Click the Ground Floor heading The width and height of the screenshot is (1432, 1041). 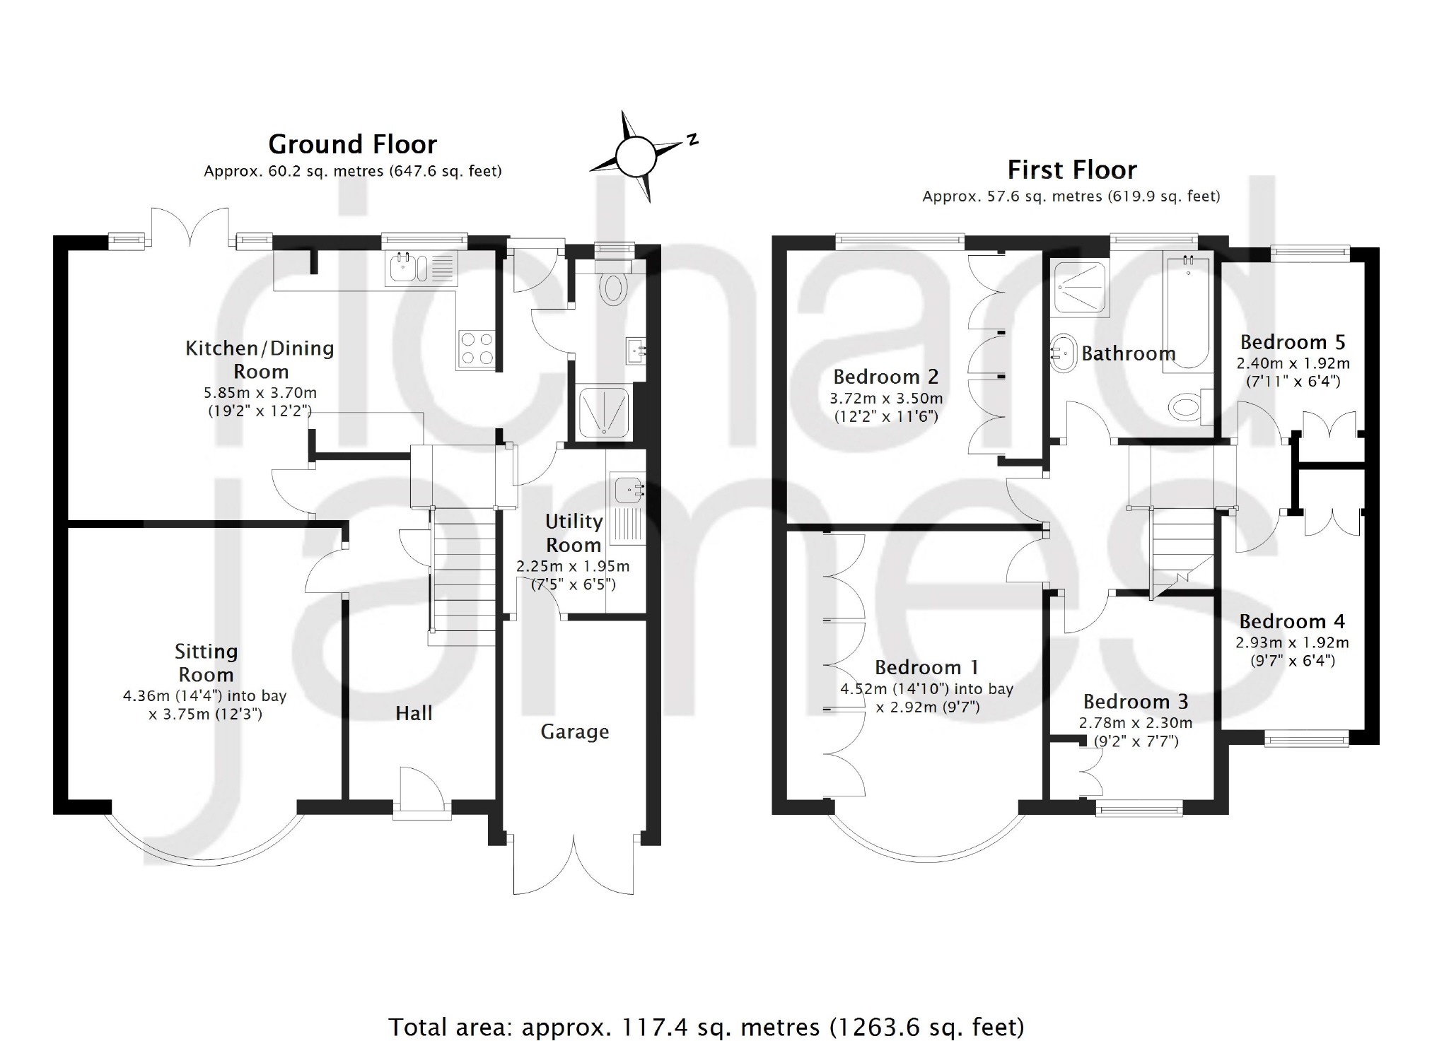(x=352, y=145)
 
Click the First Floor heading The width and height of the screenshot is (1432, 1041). (x=1072, y=170)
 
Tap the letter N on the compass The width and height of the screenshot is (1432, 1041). (x=692, y=139)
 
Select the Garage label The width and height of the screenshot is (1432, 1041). (x=575, y=732)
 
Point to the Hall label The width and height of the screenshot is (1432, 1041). (x=414, y=713)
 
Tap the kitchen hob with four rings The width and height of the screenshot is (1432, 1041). (x=476, y=349)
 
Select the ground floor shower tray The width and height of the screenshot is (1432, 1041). (x=605, y=413)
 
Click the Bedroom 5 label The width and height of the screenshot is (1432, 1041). (x=1293, y=343)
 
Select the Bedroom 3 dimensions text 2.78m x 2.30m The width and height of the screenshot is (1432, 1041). (x=1135, y=723)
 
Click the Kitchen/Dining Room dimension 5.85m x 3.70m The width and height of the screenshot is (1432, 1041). (x=262, y=393)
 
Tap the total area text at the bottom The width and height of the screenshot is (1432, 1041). (x=706, y=1026)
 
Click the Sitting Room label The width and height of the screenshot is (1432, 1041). (x=206, y=663)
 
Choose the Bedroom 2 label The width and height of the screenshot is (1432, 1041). (x=885, y=377)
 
